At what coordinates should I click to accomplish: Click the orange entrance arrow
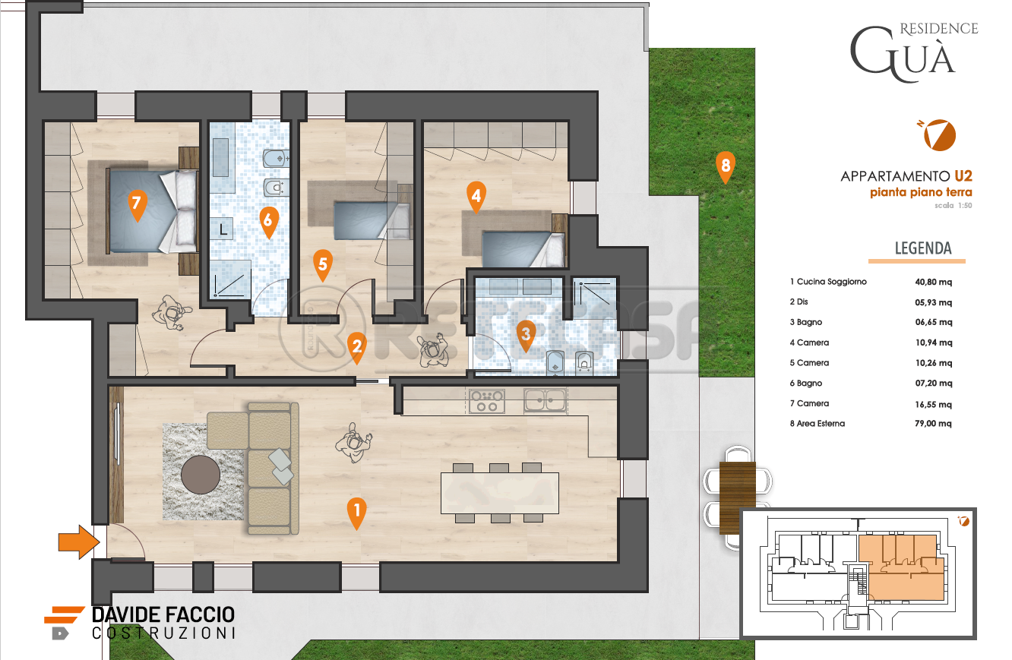(78, 542)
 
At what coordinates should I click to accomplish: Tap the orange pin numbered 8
(725, 167)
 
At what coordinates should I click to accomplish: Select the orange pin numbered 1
(356, 513)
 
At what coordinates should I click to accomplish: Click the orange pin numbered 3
(526, 336)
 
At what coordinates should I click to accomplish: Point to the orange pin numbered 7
(137, 204)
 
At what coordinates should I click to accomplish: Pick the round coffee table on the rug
(201, 475)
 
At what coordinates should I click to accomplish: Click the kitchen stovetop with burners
(486, 401)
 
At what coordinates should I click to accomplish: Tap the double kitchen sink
(545, 400)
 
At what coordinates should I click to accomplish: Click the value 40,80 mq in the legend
(934, 282)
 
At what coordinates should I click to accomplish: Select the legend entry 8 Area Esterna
(817, 423)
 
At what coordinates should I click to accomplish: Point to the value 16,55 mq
(934, 404)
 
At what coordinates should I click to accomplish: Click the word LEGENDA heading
(923, 248)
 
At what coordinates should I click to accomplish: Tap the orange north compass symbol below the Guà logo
(938, 134)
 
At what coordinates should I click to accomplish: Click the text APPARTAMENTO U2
(906, 175)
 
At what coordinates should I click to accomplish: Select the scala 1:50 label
(953, 206)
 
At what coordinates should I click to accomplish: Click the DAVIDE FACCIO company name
(163, 615)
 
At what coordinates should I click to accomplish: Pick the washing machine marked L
(222, 229)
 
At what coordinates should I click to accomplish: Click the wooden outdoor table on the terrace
(737, 497)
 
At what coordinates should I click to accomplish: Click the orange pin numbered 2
(356, 348)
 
